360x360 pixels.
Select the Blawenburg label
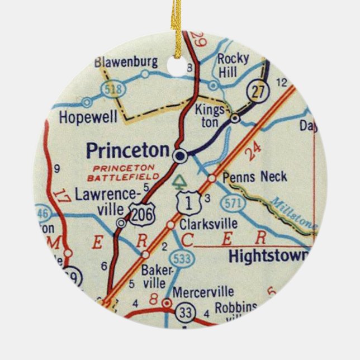click(126, 61)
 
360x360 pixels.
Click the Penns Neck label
click(254, 177)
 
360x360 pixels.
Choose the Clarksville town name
click(209, 224)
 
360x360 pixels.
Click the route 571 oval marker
click(236, 204)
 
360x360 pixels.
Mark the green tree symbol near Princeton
click(179, 181)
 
